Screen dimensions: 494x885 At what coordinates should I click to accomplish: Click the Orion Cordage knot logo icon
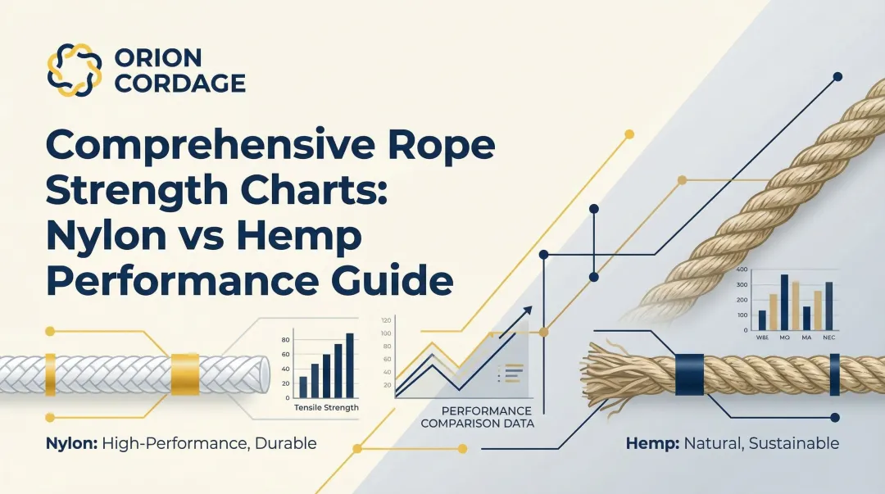[x=75, y=70]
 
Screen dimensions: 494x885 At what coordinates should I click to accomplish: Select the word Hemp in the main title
[x=302, y=237]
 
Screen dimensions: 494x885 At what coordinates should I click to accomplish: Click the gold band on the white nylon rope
[x=184, y=374]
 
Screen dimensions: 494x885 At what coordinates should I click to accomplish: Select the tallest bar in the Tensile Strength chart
[x=350, y=364]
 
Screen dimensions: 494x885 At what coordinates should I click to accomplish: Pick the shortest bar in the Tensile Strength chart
[x=303, y=386]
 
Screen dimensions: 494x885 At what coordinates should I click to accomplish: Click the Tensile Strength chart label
[x=326, y=407]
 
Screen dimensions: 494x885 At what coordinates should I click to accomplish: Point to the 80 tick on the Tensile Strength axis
[x=286, y=339]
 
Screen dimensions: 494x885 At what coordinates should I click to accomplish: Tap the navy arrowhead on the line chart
[x=527, y=310]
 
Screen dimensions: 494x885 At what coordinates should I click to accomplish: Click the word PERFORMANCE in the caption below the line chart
[x=488, y=410]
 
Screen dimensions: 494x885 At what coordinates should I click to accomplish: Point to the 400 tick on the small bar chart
[x=742, y=270]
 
